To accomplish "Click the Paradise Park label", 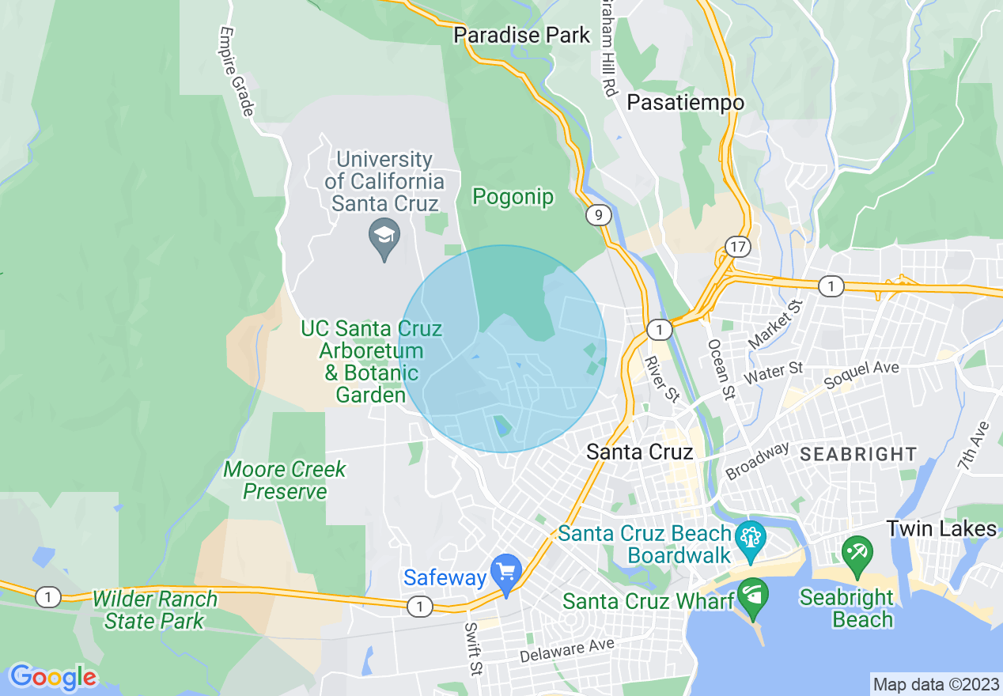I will pos(521,36).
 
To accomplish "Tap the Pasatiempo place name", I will pos(685,103).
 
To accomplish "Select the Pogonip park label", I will pos(513,197).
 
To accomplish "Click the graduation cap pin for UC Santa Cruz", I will pos(384,236).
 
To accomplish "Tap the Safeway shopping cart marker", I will pos(505,571).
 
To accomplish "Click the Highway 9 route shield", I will pos(598,214).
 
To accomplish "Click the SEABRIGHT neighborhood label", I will pos(858,455).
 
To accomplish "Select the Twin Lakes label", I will pos(941,528).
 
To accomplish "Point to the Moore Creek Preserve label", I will pos(285,480).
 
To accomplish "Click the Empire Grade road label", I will pos(237,72).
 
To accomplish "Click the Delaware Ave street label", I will pos(567,650).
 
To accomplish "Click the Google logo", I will pos(52,677).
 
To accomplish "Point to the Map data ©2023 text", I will pos(934,684).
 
